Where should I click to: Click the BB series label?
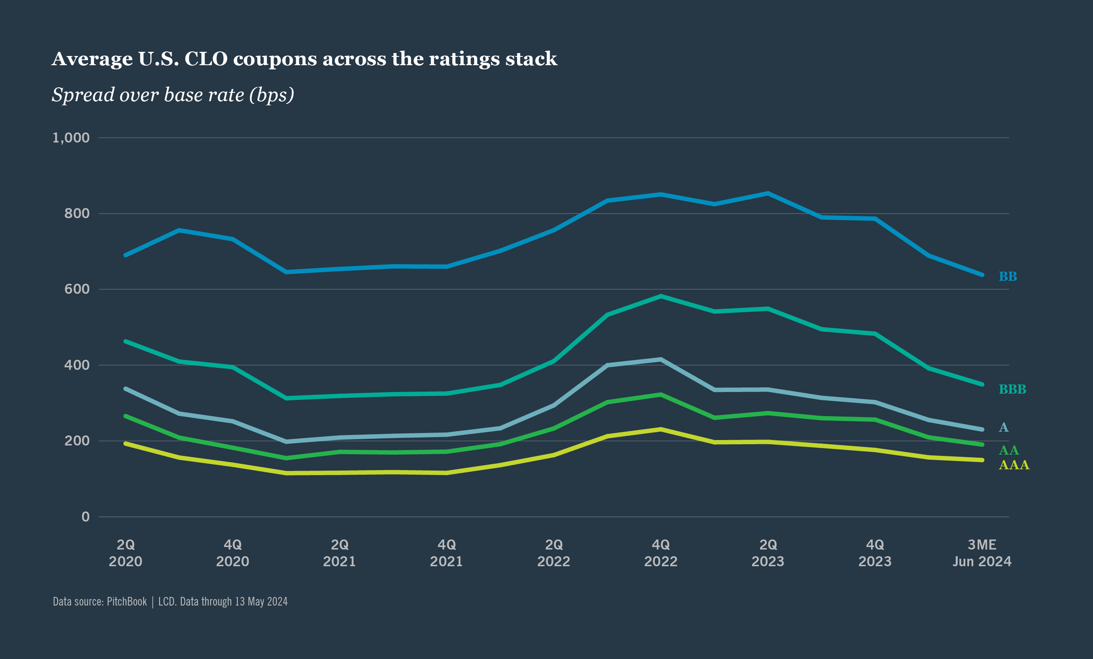pos(1008,277)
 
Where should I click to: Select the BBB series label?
pos(1012,389)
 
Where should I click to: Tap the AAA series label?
pos(1014,465)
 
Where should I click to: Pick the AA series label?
pos(1009,450)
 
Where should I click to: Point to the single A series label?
pos(1003,427)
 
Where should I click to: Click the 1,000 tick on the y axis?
pos(71,137)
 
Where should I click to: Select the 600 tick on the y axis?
pos(77,289)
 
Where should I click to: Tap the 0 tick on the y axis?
pos(86,517)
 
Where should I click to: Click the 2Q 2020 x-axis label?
pos(126,553)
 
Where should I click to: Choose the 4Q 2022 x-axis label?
pos(660,553)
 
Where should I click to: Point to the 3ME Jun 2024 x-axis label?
pos(981,553)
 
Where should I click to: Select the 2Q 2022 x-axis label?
pos(553,553)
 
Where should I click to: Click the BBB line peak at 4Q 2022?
pos(661,296)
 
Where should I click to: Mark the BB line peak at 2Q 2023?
pos(768,193)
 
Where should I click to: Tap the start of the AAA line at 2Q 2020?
pos(126,443)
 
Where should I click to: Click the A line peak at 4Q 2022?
pos(661,359)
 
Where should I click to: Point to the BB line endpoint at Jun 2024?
pos(982,275)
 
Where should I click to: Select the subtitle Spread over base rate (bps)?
pos(173,95)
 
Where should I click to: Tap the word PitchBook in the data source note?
pos(127,602)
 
